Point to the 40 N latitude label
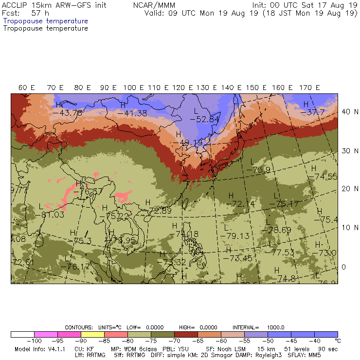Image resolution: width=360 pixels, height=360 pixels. pos(347,111)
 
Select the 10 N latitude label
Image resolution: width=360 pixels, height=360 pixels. pos(347,227)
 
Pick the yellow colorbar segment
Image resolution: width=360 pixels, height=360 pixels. pos(92,335)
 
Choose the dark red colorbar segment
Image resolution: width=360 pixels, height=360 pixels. pos(186,335)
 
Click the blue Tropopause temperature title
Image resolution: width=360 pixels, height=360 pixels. pos(45,21)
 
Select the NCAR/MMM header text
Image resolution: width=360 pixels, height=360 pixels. pos(154,5)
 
